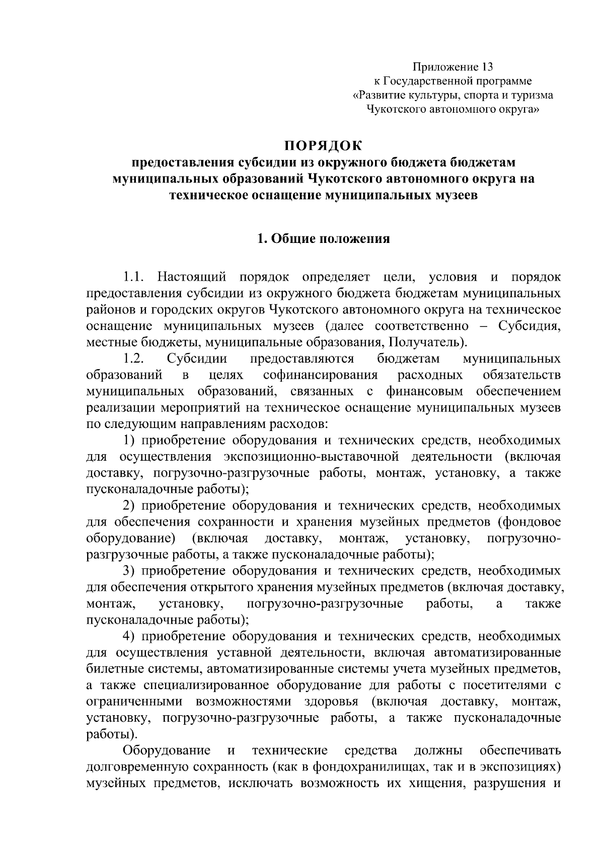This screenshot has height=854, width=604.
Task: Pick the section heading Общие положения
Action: (x=331, y=238)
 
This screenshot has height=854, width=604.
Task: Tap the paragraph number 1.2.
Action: (x=134, y=359)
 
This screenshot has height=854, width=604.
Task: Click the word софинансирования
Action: (x=320, y=375)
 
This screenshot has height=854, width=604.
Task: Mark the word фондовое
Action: (x=533, y=522)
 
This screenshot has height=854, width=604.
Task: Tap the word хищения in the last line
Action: (x=439, y=783)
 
